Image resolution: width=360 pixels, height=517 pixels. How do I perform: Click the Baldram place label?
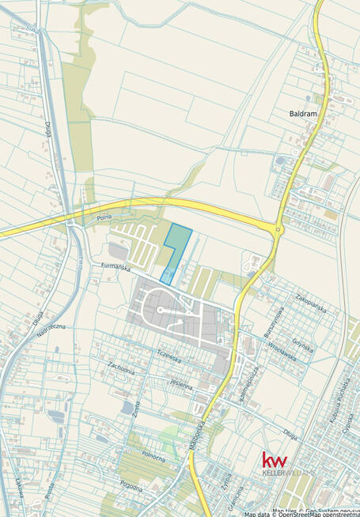[302, 114]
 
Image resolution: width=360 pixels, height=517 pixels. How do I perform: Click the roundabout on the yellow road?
[278, 230]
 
